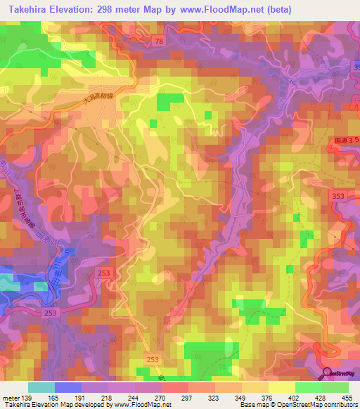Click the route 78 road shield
point(159,43)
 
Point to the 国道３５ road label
point(345,141)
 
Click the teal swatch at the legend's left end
point(41,387)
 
